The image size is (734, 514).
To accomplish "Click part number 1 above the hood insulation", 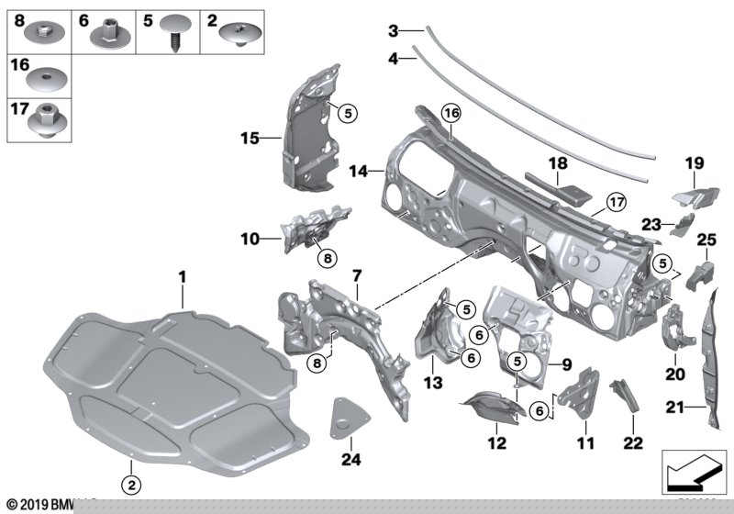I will click(x=182, y=275).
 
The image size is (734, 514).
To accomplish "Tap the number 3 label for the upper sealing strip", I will click(x=393, y=31).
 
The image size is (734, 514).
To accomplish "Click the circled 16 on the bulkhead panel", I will click(x=450, y=113).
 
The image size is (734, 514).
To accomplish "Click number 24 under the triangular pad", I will click(x=348, y=459).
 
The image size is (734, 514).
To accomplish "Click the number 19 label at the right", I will click(x=694, y=163).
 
